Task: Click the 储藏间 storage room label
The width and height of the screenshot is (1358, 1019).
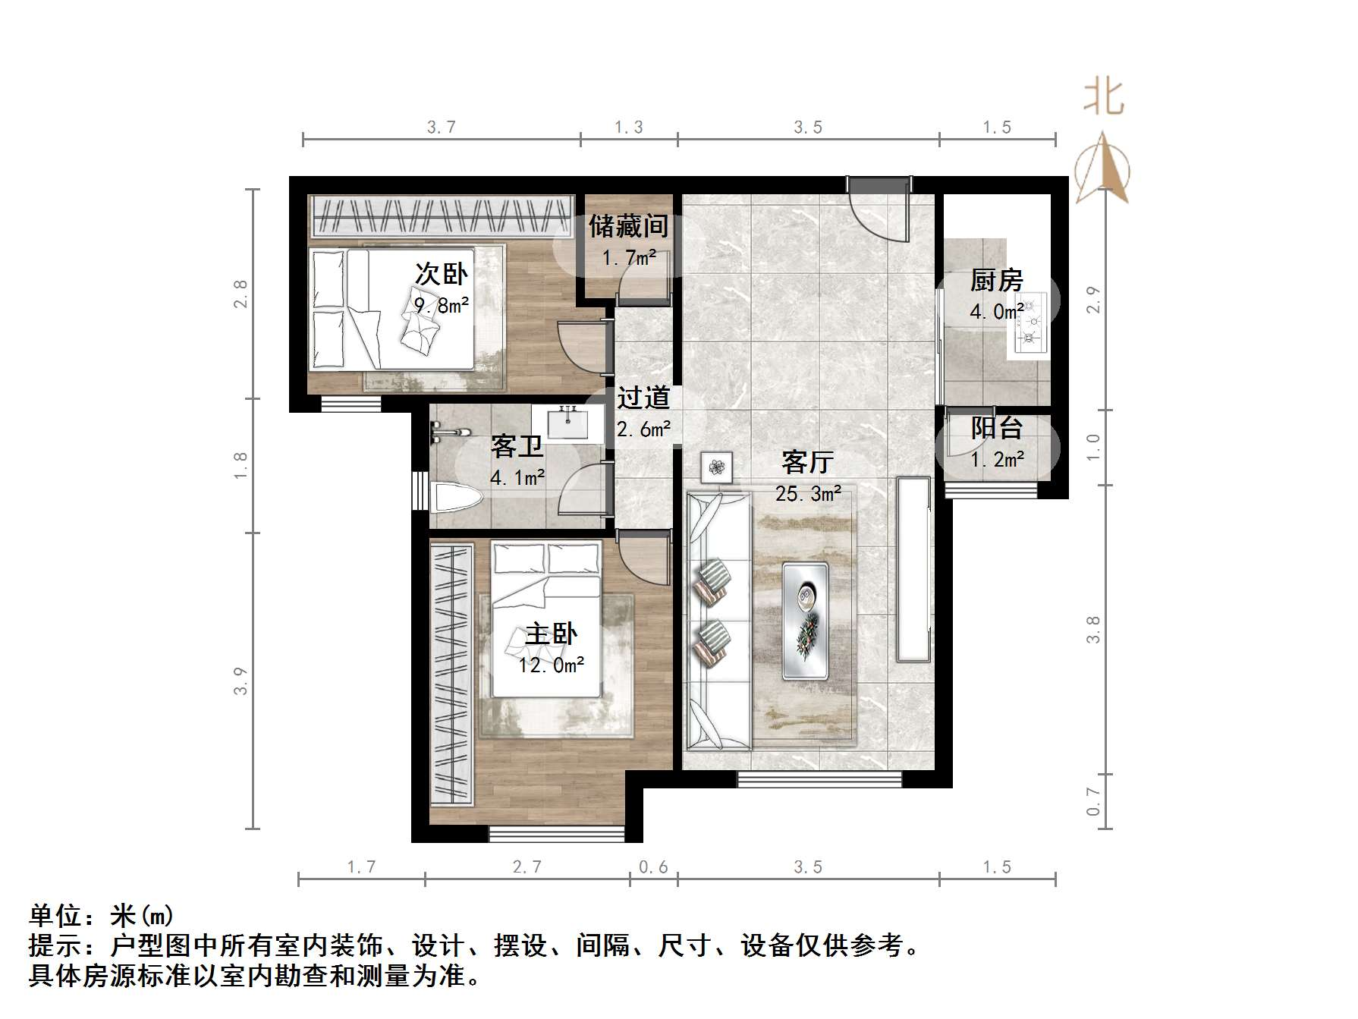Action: (x=629, y=226)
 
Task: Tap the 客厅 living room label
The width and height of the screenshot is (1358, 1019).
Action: (x=807, y=461)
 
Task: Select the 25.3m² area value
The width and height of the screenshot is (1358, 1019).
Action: (x=808, y=494)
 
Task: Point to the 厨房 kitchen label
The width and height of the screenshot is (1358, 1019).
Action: (x=996, y=281)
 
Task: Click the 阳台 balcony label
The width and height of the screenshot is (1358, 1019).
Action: (x=996, y=429)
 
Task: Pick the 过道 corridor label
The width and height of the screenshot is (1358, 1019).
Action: (x=643, y=398)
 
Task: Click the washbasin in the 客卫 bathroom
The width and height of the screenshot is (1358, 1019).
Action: (x=567, y=423)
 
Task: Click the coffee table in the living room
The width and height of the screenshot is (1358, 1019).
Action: (x=805, y=621)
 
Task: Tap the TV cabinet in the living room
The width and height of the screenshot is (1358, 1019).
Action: (x=913, y=569)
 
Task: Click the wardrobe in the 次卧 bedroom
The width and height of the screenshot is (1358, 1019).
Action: (x=442, y=216)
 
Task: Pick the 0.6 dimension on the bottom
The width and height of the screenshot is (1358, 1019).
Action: (x=653, y=866)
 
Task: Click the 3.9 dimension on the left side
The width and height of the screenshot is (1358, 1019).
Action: (x=240, y=681)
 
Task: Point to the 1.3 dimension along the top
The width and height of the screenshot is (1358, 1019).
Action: (x=629, y=127)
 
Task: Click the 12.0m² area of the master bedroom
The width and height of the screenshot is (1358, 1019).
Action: (x=552, y=665)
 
